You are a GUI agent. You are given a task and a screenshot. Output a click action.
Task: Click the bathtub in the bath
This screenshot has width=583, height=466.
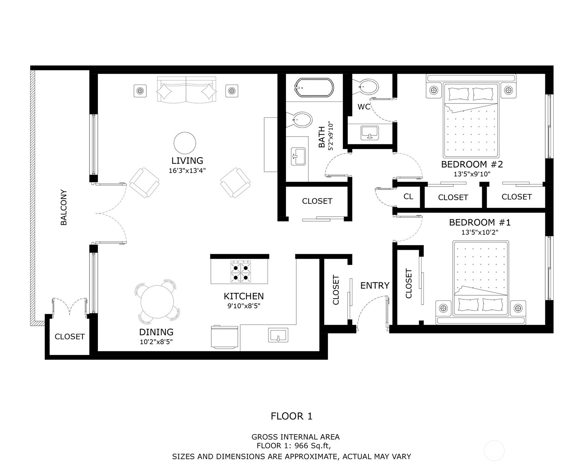coord(314,87)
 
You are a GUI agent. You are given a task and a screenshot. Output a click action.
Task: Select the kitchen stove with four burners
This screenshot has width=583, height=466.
coord(241,272)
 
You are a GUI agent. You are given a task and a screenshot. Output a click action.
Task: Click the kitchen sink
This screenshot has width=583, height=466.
coord(278,335)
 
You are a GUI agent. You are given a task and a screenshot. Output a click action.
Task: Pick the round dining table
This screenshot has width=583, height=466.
coord(157,302)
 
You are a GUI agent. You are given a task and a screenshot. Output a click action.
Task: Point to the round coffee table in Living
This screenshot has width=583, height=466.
coord(185,143)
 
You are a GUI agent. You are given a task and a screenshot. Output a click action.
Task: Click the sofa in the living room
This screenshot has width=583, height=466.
coord(187,90)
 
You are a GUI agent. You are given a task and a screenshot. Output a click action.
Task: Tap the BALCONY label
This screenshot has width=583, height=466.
coord(64,207)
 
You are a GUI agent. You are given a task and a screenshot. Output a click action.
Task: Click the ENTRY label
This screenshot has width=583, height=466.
coord(374,285)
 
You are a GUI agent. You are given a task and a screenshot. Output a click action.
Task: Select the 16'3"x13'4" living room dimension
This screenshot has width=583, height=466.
coord(187,171)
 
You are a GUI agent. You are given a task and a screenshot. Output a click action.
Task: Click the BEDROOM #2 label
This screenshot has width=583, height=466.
coord(472,164)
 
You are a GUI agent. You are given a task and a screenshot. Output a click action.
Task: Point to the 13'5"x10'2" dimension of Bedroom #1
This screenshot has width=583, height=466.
coord(480,232)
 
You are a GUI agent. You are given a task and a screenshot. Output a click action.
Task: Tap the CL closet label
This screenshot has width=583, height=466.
coord(408,196)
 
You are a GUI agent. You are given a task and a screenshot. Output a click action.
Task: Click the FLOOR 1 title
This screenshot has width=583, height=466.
coord(291,416)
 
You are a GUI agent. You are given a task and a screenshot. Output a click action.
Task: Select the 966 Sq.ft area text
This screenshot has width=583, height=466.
coord(312,445)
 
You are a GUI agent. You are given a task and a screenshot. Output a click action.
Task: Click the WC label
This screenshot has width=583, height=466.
coord(364,107)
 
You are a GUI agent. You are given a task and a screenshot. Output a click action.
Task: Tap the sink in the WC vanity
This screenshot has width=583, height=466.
coord(370,133)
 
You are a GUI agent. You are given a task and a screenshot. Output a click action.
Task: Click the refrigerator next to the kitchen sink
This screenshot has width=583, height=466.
coord(225,337)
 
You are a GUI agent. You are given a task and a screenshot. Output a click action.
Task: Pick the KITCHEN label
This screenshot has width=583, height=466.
coord(244,296)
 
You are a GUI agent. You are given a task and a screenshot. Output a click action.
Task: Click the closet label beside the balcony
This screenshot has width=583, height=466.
coord(70,337)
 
